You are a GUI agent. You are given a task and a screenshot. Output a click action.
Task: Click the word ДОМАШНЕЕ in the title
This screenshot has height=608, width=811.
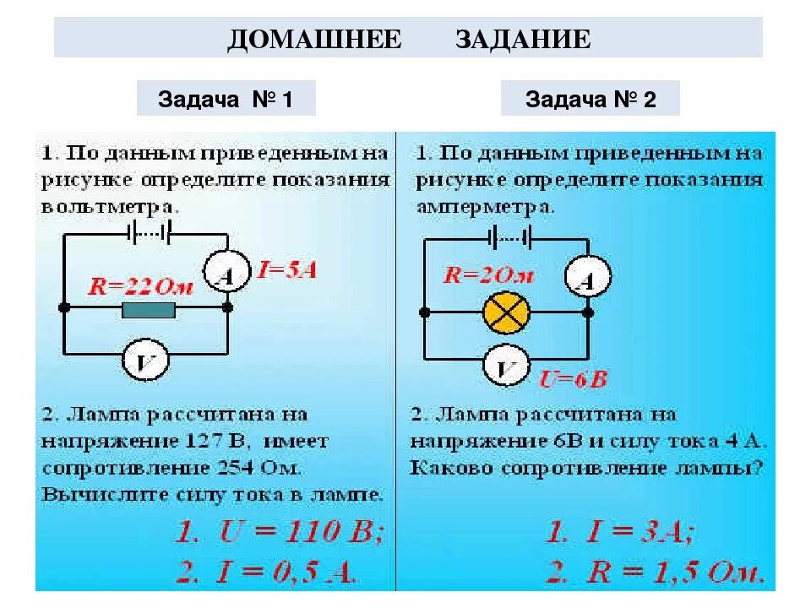click(x=314, y=40)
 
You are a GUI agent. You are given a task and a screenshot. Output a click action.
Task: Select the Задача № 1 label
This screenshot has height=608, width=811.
click(x=226, y=100)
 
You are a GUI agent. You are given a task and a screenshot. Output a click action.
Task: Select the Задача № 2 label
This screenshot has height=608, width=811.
click(x=591, y=100)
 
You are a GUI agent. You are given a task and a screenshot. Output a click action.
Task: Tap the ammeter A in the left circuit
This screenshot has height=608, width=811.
click(x=226, y=272)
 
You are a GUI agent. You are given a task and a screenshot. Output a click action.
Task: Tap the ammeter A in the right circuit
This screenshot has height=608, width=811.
click(x=587, y=277)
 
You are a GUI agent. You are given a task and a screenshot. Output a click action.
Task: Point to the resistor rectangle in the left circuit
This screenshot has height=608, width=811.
click(x=149, y=311)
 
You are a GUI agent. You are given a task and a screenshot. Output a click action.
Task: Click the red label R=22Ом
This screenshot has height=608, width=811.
click(x=143, y=286)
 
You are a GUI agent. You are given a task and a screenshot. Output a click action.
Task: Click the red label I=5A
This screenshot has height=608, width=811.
click(x=287, y=272)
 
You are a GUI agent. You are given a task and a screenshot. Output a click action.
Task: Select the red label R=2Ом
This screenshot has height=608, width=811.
click(x=489, y=275)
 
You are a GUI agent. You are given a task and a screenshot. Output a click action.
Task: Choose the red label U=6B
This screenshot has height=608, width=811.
click(x=574, y=379)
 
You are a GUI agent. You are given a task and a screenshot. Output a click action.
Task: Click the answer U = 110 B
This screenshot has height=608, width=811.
click(x=280, y=532)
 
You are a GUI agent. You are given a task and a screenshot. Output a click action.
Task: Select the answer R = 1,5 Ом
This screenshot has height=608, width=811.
click(x=655, y=572)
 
